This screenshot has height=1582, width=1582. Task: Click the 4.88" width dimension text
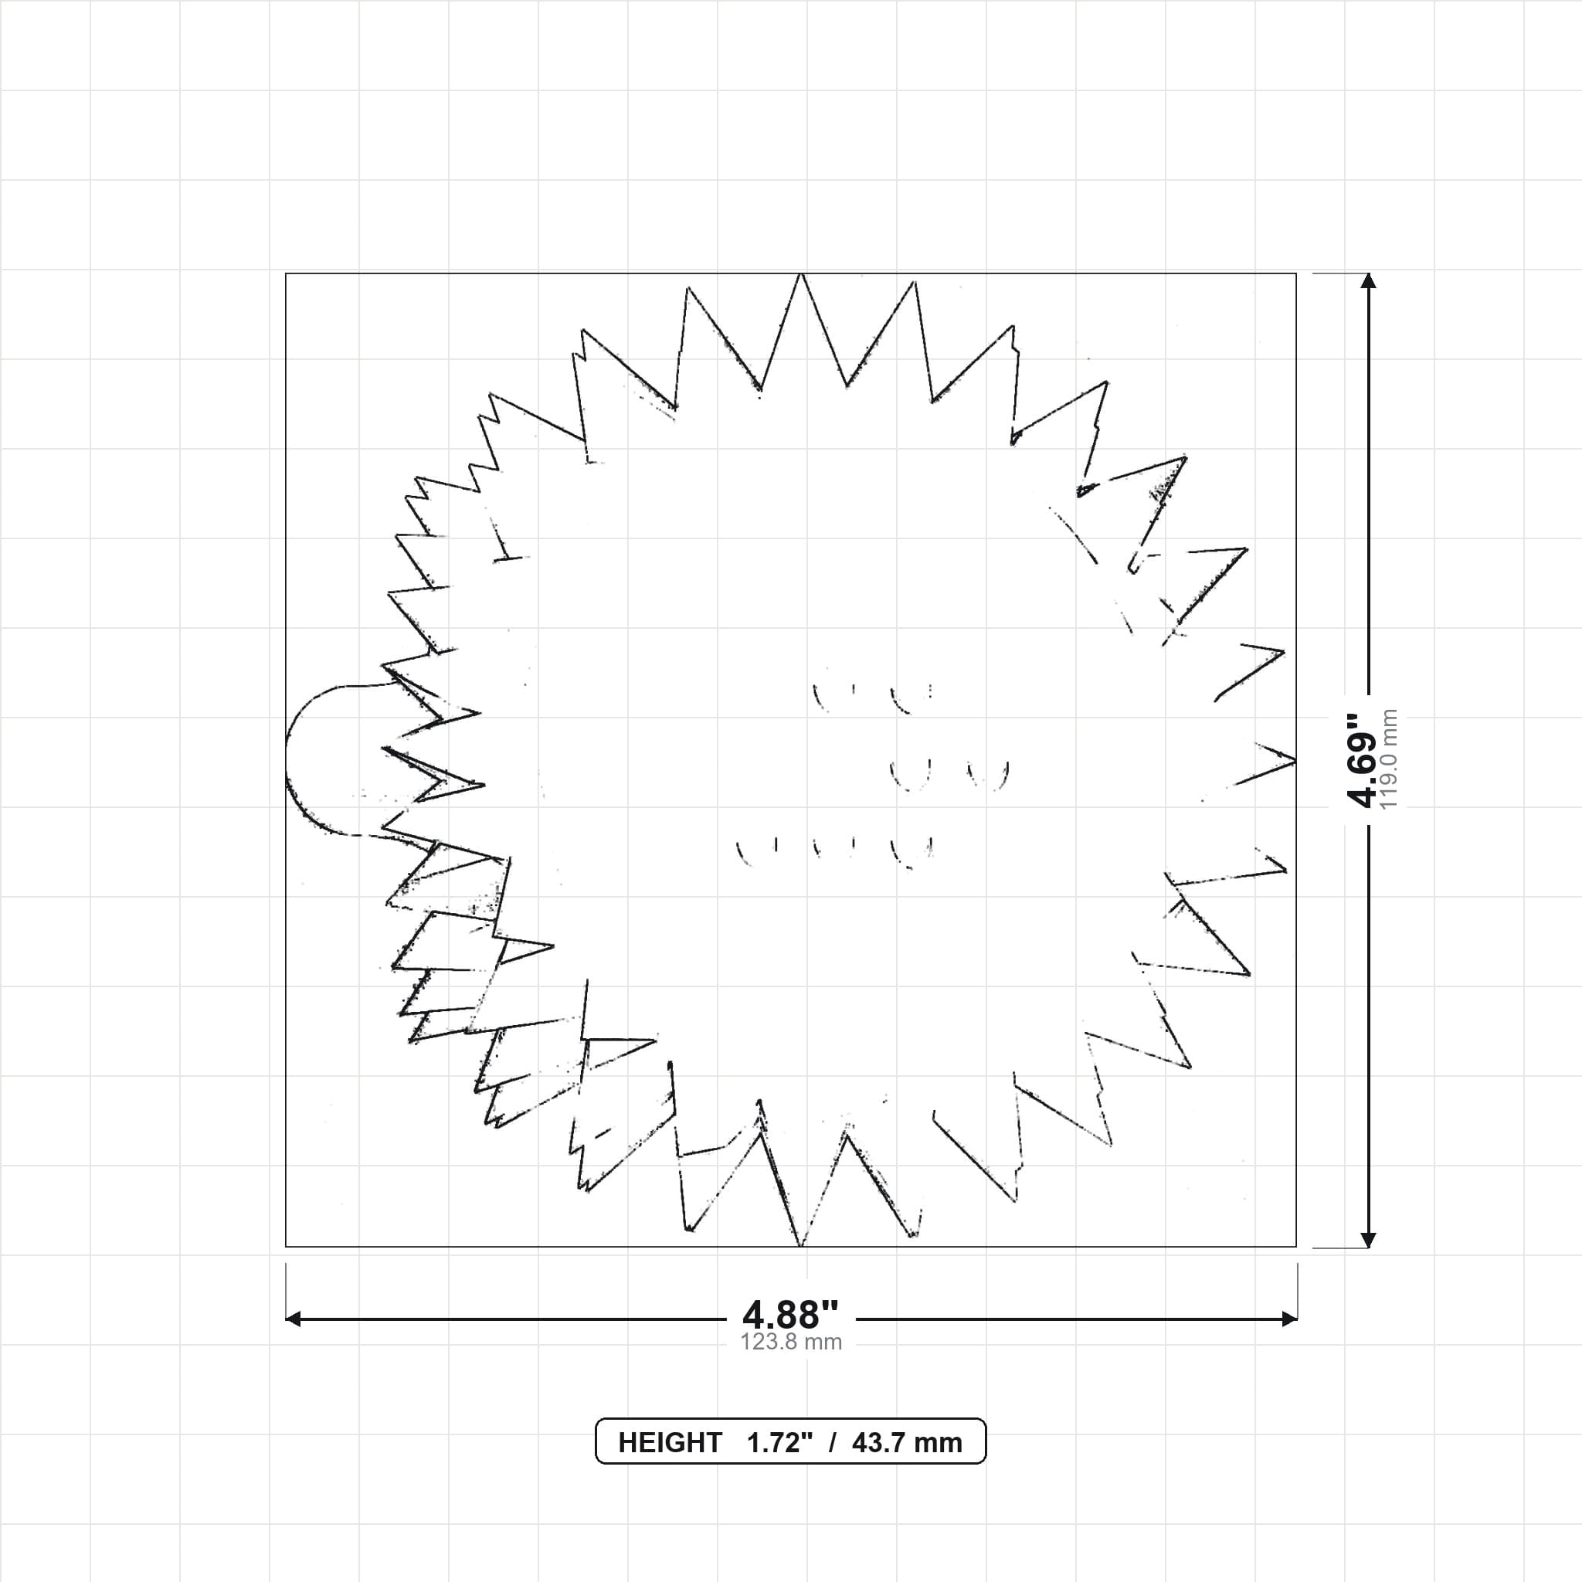pyautogui.click(x=790, y=1314)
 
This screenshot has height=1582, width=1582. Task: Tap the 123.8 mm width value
pyautogui.click(x=791, y=1342)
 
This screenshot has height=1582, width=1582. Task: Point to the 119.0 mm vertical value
pyautogui.click(x=1390, y=760)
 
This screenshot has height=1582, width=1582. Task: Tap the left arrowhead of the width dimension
pyautogui.click(x=293, y=1319)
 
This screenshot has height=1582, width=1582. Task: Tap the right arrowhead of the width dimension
pyautogui.click(x=1289, y=1319)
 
